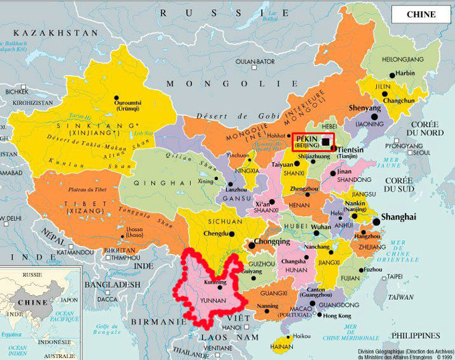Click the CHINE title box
tap(420, 14)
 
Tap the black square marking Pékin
tap(326, 141)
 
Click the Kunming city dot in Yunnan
tap(219, 287)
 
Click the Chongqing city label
tap(271, 242)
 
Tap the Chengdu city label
tap(213, 234)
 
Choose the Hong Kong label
tap(337, 315)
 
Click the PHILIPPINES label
tap(416, 335)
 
